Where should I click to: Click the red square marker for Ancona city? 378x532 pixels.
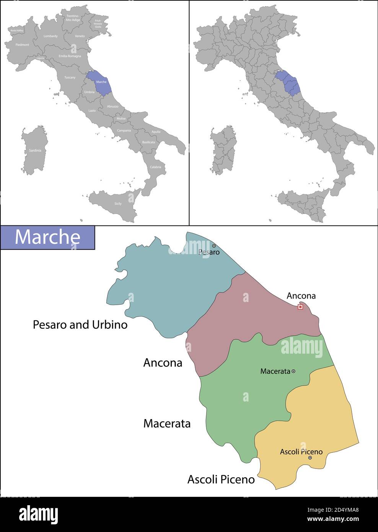coord(300,307)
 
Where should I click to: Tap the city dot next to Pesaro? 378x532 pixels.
coord(214,246)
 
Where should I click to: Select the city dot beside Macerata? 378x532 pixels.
coord(293,371)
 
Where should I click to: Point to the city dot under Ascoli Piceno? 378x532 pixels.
coord(310,458)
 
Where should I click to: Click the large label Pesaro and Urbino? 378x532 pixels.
coord(80,325)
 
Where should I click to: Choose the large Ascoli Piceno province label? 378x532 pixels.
coord(221,479)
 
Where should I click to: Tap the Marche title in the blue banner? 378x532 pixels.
coord(47,237)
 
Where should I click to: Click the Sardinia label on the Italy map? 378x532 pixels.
coord(35,150)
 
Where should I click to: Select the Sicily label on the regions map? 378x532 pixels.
coord(118,204)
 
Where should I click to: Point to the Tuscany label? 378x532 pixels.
coord(70,78)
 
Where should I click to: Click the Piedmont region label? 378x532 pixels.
coord(22,45)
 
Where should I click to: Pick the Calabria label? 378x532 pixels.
coord(155,167)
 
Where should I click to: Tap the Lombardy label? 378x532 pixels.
coord(51,36)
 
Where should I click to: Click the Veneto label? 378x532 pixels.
coord(80,36)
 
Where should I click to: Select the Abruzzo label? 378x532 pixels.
coord(112,106)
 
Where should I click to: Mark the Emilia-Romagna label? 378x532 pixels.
coord(70,56)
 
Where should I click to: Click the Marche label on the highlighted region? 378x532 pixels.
coord(101,82)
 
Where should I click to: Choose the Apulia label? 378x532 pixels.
coord(156,132)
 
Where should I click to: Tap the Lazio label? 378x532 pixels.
coord(92,111)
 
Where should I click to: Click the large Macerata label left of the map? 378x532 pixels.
coord(167,423)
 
